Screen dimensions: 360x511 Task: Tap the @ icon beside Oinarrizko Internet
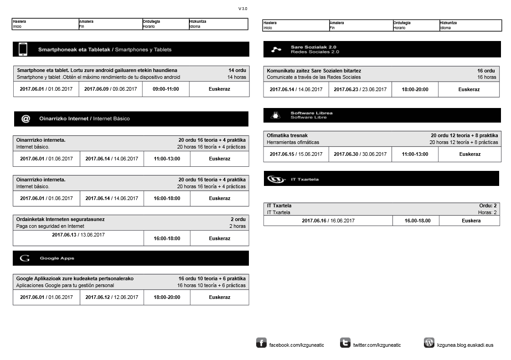26,118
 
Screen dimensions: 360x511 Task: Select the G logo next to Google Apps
25,258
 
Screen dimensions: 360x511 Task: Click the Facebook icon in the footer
261,343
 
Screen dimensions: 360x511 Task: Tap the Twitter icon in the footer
345,343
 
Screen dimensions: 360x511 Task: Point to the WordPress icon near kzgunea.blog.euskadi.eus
429,343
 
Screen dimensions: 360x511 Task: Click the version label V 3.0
243,9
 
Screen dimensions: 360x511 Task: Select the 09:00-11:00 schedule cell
166,89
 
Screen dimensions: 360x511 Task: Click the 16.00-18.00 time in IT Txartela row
418,221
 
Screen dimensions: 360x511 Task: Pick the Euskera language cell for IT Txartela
471,221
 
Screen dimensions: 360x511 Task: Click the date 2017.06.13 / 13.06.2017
78,235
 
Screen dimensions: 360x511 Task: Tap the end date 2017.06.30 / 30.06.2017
360,154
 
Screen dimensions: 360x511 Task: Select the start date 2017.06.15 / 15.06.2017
296,154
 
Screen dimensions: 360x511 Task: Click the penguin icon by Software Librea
275,115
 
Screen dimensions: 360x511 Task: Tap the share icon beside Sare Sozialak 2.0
276,49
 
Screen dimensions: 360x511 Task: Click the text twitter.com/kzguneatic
377,345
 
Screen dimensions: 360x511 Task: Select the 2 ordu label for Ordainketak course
238,219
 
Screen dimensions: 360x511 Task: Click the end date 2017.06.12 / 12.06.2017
112,297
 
